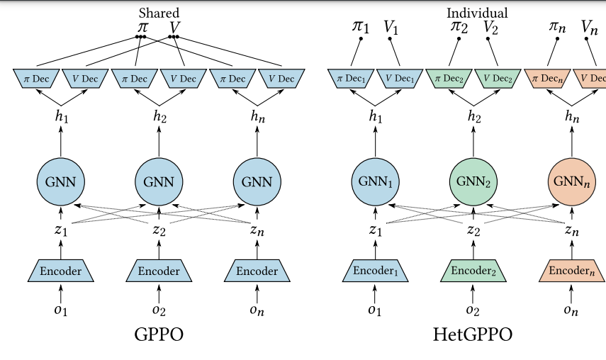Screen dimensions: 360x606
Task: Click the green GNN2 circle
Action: click(473, 181)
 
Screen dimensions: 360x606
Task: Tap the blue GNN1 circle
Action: click(373, 181)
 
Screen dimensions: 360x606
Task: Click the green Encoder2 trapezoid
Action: click(473, 271)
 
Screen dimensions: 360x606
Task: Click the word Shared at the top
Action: click(159, 12)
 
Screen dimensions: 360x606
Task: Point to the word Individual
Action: click(477, 13)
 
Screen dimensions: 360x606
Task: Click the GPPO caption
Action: click(158, 333)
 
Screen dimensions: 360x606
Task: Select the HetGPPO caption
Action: click(472, 333)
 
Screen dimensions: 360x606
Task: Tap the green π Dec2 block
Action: click(449, 78)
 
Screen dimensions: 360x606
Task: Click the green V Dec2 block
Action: click(496, 78)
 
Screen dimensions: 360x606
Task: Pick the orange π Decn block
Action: click(547, 78)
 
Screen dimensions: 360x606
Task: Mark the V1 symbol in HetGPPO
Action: click(391, 27)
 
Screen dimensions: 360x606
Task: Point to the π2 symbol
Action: click(459, 27)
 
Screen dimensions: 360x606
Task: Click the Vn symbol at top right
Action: click(589, 27)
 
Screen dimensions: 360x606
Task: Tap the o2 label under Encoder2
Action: click(472, 310)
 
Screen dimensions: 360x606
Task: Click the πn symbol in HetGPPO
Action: click(558, 27)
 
